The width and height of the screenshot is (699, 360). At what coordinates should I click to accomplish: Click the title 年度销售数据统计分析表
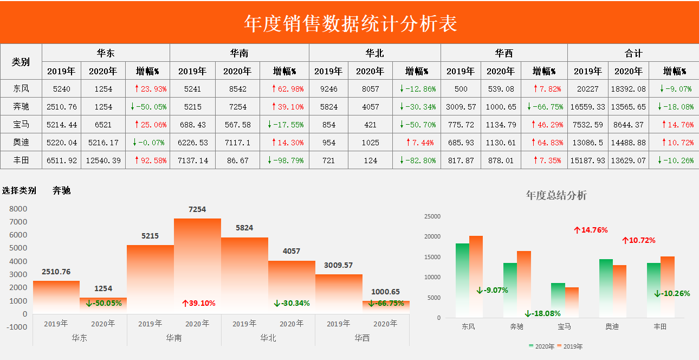click(x=350, y=23)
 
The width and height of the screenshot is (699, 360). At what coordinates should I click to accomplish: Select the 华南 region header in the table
click(x=239, y=53)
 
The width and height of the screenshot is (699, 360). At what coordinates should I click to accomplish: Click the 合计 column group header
click(x=633, y=53)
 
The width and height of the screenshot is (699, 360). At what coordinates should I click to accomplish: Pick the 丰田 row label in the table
click(x=21, y=160)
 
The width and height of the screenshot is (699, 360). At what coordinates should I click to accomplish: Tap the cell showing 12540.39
click(x=103, y=160)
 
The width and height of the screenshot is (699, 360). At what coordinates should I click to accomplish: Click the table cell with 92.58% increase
click(x=147, y=160)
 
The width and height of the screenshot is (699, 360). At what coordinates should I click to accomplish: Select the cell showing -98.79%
click(x=285, y=160)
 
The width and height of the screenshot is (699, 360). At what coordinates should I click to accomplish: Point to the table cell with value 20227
click(x=587, y=89)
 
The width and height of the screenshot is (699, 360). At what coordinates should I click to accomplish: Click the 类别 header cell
click(x=21, y=62)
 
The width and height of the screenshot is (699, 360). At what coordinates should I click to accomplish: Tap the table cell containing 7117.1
click(x=237, y=143)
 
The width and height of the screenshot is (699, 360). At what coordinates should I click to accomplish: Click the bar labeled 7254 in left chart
click(x=197, y=266)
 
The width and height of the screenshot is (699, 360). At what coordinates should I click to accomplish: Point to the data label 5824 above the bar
click(x=244, y=228)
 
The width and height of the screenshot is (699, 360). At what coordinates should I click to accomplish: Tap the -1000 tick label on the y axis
click(x=17, y=327)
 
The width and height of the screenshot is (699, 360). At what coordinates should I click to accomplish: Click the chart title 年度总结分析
click(x=556, y=195)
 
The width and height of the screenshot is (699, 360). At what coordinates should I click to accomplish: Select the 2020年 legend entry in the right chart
click(x=542, y=346)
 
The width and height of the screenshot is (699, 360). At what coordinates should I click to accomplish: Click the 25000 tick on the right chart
click(x=431, y=216)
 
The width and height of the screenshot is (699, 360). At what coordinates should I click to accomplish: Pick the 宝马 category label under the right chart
click(x=564, y=326)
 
